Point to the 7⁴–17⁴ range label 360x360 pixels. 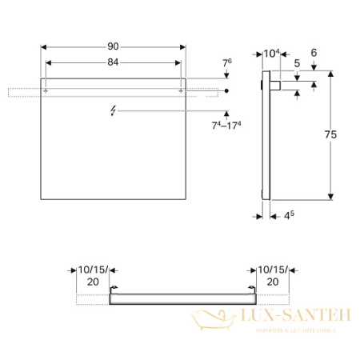[226, 125]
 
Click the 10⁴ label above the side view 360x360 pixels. [272, 54]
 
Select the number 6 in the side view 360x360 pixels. [314, 54]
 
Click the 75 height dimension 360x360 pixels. [341, 136]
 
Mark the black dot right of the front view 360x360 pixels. [228, 92]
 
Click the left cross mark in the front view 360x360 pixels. [46, 92]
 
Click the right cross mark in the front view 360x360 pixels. [182, 92]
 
